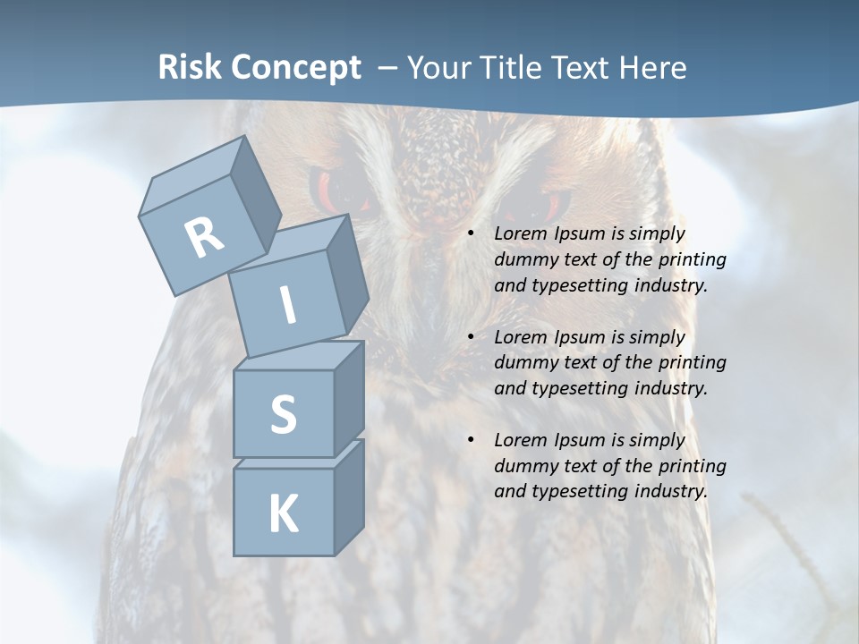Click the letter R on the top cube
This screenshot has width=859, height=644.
204,237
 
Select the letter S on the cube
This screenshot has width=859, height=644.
283,414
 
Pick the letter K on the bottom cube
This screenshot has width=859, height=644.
283,514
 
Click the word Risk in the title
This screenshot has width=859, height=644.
189,68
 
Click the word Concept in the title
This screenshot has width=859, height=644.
295,68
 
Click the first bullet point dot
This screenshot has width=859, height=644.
472,233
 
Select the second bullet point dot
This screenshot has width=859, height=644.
472,337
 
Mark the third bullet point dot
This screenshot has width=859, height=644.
472,440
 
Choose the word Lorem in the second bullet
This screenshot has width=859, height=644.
520,337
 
